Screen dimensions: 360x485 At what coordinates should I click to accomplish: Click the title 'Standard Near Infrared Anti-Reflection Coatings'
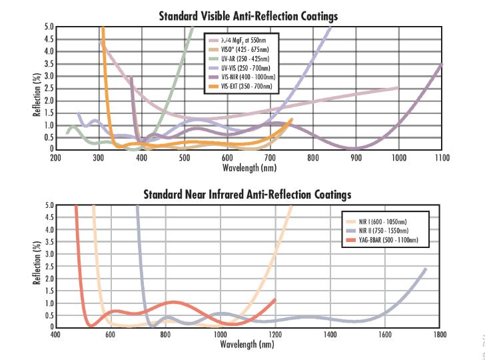click(x=247, y=194)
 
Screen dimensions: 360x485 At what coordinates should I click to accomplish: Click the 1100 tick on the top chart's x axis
click(x=442, y=158)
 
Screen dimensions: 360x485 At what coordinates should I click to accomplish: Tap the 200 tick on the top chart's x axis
click(x=56, y=158)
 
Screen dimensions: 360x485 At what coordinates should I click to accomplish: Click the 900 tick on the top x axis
click(x=356, y=158)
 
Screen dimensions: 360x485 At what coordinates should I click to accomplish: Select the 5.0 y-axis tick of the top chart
click(x=48, y=27)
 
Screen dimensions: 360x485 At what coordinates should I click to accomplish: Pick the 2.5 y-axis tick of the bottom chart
click(x=48, y=267)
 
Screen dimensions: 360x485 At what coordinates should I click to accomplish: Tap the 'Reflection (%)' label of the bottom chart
click(x=37, y=266)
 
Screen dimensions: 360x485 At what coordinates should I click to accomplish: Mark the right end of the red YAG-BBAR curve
click(x=274, y=299)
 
